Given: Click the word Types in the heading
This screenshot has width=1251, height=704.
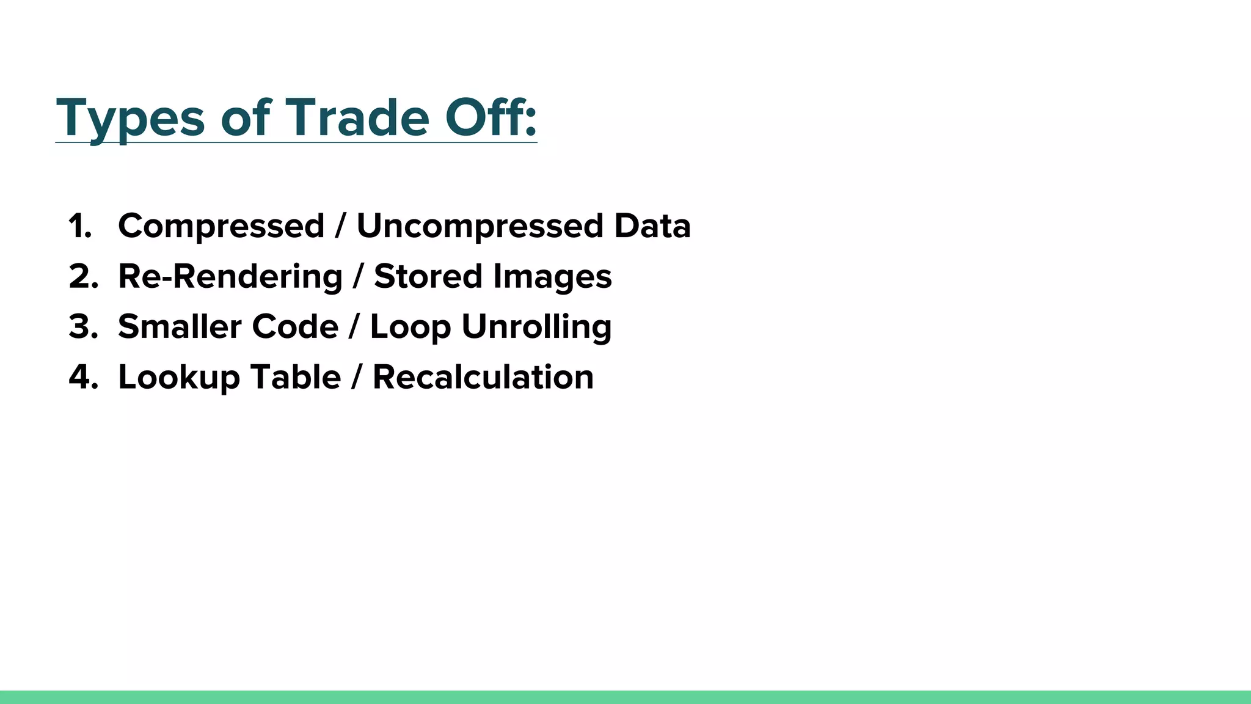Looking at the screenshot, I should [x=130, y=119].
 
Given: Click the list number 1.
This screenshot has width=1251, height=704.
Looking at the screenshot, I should [x=80, y=226].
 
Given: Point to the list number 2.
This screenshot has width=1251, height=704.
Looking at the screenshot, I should [x=83, y=277].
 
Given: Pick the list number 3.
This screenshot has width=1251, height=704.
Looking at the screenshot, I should [x=83, y=327].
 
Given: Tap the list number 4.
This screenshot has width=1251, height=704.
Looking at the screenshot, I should [x=83, y=377].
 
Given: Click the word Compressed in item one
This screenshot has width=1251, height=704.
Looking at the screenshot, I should [x=221, y=227].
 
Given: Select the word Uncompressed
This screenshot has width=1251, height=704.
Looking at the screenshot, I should [x=480, y=227].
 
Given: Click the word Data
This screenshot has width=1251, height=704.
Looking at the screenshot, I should [x=652, y=226].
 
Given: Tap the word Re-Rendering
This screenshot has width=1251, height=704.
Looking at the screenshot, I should [x=230, y=277].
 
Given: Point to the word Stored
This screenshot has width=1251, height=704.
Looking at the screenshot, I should [x=428, y=277].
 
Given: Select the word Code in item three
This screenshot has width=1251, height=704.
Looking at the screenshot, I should [x=295, y=327].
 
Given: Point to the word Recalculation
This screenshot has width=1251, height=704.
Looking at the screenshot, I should [x=483, y=377].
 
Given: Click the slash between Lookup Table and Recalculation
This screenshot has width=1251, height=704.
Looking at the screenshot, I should [x=357, y=377].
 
